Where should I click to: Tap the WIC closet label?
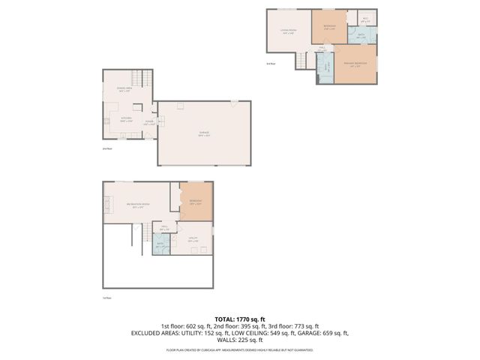[x=365, y=21]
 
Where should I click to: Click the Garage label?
[x=204, y=136]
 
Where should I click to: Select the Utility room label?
[x=193, y=239]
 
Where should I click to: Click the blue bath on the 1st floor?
[x=160, y=244]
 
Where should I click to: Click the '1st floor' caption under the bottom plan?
[x=106, y=298]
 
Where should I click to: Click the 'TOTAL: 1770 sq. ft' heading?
[x=240, y=319]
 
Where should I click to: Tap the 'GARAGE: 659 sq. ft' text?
[x=322, y=333]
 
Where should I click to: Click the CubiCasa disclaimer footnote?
[x=240, y=349]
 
